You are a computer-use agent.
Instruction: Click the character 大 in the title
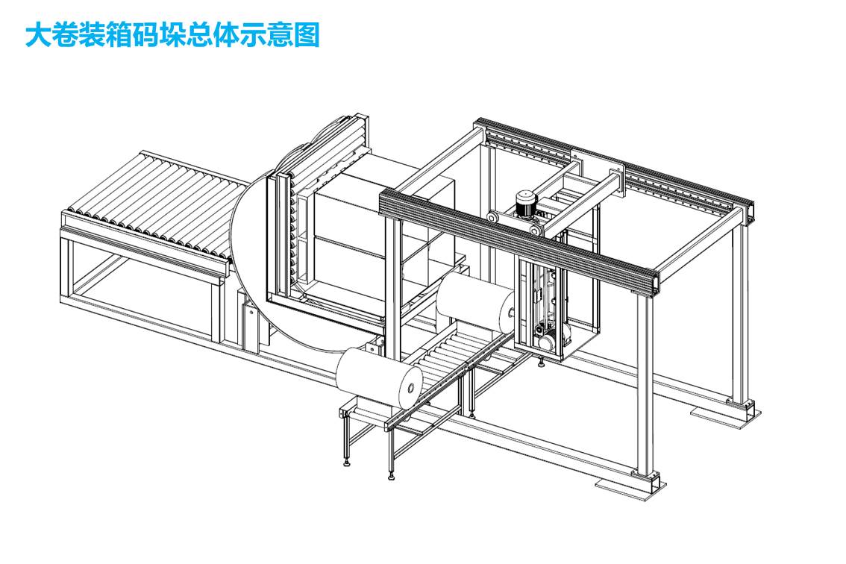pyautogui.click(x=39, y=35)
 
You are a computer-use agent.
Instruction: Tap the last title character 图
pyautogui.click(x=307, y=35)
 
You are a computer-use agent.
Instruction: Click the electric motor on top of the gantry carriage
pyautogui.click(x=527, y=204)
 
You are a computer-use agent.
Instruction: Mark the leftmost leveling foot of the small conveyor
pyautogui.click(x=347, y=463)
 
